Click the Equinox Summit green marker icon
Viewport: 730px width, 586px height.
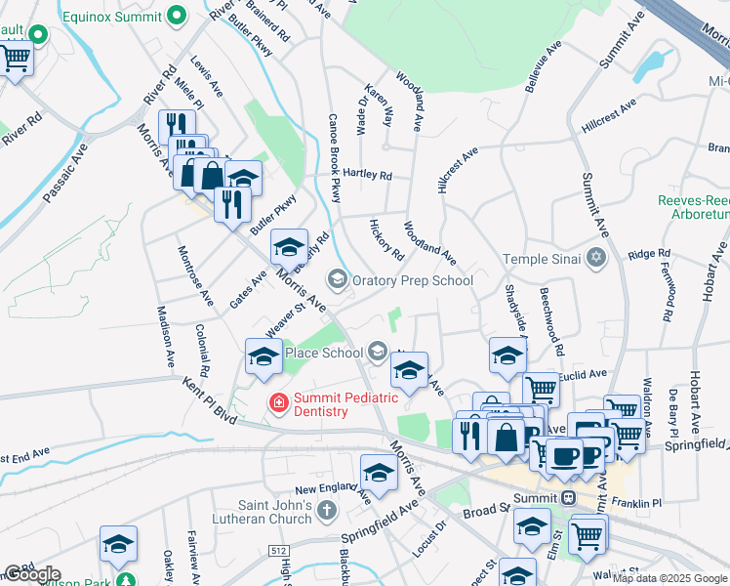177,16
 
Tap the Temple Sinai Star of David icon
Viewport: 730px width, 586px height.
596,259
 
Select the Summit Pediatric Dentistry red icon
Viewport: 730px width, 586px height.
278,402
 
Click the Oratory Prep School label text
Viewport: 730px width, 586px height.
413,280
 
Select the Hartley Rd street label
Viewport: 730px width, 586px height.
367,176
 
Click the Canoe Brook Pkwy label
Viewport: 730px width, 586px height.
334,161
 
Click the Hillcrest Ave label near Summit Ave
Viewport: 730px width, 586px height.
608,114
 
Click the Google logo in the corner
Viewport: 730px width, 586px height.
31,574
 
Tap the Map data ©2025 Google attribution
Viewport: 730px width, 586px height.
669,578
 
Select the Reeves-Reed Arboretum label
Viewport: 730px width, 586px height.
693,206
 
